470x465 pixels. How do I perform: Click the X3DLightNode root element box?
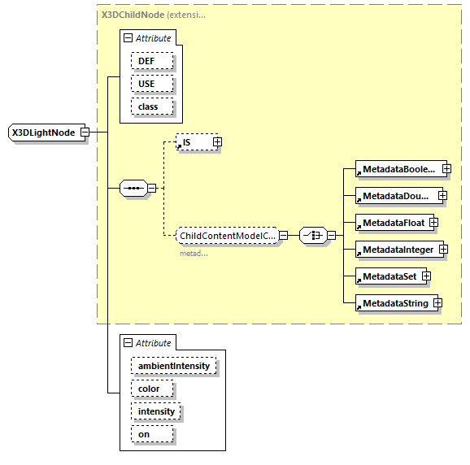click(x=44, y=133)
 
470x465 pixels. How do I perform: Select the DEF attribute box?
click(x=146, y=61)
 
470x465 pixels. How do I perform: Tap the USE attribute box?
click(x=146, y=84)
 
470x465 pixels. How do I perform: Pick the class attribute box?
click(x=147, y=106)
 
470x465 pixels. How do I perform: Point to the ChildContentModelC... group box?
click(x=228, y=236)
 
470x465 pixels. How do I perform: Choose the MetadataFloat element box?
click(x=394, y=222)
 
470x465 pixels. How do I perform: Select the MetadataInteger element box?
click(x=398, y=250)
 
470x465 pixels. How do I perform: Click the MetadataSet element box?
click(x=389, y=276)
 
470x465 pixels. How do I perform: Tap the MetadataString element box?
click(x=394, y=303)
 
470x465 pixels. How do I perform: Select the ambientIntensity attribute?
click(x=173, y=366)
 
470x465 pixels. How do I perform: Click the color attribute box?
click(x=150, y=389)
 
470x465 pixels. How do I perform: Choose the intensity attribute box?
click(x=156, y=411)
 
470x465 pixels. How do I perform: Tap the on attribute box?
click(x=143, y=434)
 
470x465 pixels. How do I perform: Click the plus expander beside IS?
click(x=217, y=142)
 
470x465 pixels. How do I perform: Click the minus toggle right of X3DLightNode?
click(x=84, y=133)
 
